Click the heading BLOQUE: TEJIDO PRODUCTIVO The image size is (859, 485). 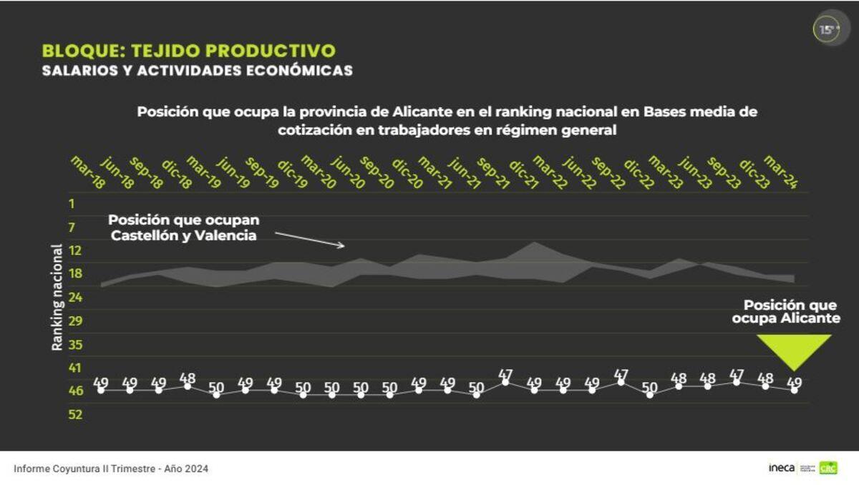point(188,51)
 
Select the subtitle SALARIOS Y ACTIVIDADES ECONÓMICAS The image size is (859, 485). point(197,71)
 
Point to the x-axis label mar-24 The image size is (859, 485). point(780,172)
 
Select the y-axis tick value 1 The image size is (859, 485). point(72,204)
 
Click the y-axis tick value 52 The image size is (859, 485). point(75,414)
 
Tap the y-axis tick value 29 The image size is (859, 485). point(75,320)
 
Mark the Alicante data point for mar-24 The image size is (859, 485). point(794,390)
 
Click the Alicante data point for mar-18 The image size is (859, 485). point(101,390)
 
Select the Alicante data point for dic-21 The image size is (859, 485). point(505,382)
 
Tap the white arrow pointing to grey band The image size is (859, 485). point(309,239)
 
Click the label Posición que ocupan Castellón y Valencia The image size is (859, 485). point(183,227)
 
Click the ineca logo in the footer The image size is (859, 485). point(781,468)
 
